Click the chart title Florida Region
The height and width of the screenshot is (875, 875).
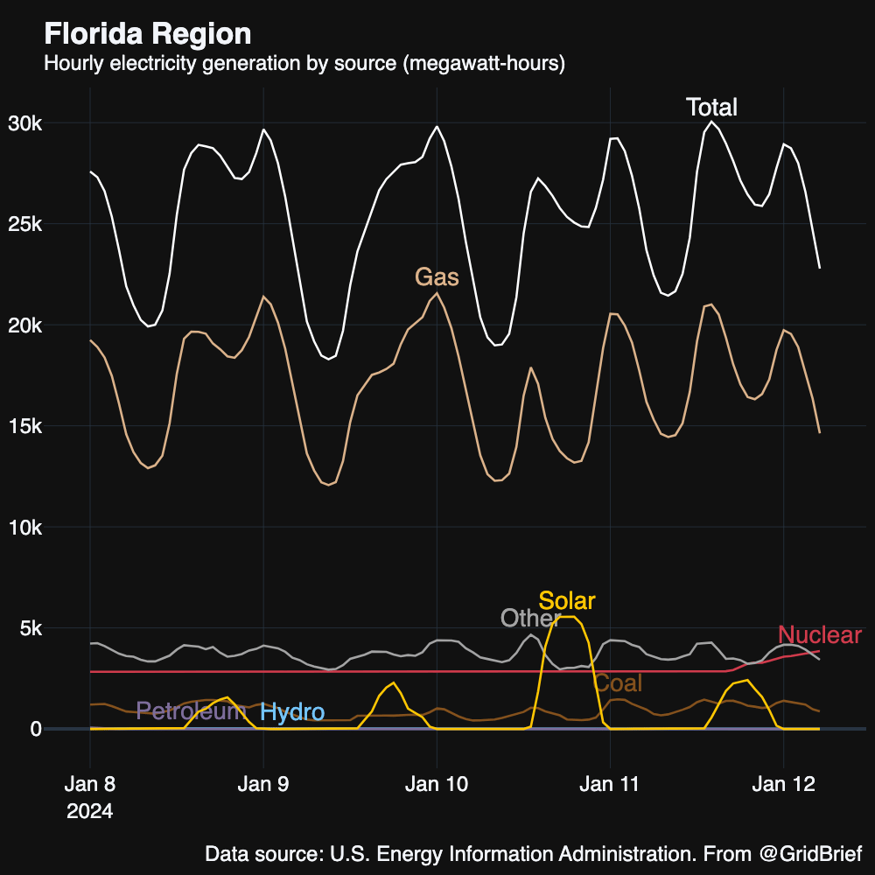(x=147, y=34)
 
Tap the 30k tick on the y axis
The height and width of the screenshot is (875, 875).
(x=25, y=123)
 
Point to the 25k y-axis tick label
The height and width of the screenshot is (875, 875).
(x=25, y=225)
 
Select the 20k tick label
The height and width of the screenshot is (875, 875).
(x=25, y=325)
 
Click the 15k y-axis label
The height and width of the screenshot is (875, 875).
(x=25, y=427)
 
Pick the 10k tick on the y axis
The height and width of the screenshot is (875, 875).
(x=25, y=528)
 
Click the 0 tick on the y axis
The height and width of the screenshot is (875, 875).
(x=36, y=730)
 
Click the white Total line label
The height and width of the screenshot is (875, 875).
(x=711, y=108)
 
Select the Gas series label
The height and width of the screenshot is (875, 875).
(x=437, y=277)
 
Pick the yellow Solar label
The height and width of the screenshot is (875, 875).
(x=567, y=601)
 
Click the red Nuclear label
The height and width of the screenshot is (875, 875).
(x=820, y=635)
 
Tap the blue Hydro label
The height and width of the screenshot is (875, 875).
(x=292, y=712)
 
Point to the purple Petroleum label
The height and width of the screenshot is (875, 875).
(x=191, y=710)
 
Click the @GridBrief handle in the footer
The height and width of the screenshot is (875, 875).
(x=809, y=853)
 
